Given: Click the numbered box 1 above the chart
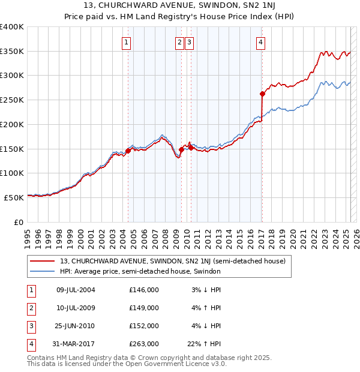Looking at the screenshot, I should click(127, 42).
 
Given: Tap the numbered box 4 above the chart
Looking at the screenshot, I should click(261, 42).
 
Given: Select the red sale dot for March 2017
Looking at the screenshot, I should click(262, 94).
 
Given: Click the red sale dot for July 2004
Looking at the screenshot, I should click(128, 151).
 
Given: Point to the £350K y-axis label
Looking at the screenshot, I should click(12, 52).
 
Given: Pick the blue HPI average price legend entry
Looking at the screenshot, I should click(140, 271).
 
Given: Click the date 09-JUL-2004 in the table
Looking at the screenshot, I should click(75, 290).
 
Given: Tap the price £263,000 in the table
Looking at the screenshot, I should click(144, 344).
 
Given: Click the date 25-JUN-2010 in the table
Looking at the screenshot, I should click(75, 326).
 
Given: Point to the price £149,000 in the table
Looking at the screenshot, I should click(144, 308).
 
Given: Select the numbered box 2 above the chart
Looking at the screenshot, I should click(180, 42).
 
